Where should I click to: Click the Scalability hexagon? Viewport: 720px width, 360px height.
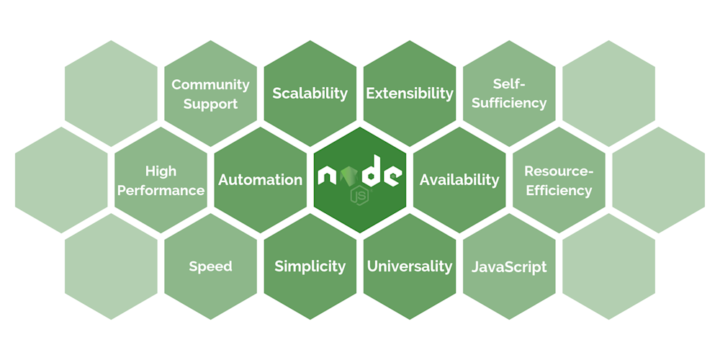point(310,93)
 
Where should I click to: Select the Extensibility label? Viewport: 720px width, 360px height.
point(410,94)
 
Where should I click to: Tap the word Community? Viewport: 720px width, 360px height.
point(210,85)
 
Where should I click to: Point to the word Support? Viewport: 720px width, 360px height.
point(210,104)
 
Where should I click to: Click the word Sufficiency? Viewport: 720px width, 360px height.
point(509,103)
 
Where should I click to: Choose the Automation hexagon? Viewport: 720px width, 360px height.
point(260,180)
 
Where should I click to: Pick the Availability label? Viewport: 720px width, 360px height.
point(459,180)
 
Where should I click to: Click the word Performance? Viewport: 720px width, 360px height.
point(161,191)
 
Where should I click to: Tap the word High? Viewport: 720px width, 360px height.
point(161,171)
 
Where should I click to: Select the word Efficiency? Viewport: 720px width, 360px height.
point(559,191)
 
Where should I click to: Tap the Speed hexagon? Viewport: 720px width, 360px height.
point(210,266)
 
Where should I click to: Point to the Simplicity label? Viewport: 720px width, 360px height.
point(310,266)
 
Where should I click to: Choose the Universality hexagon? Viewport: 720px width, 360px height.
point(410,266)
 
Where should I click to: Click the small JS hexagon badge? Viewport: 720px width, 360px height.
point(359,195)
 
